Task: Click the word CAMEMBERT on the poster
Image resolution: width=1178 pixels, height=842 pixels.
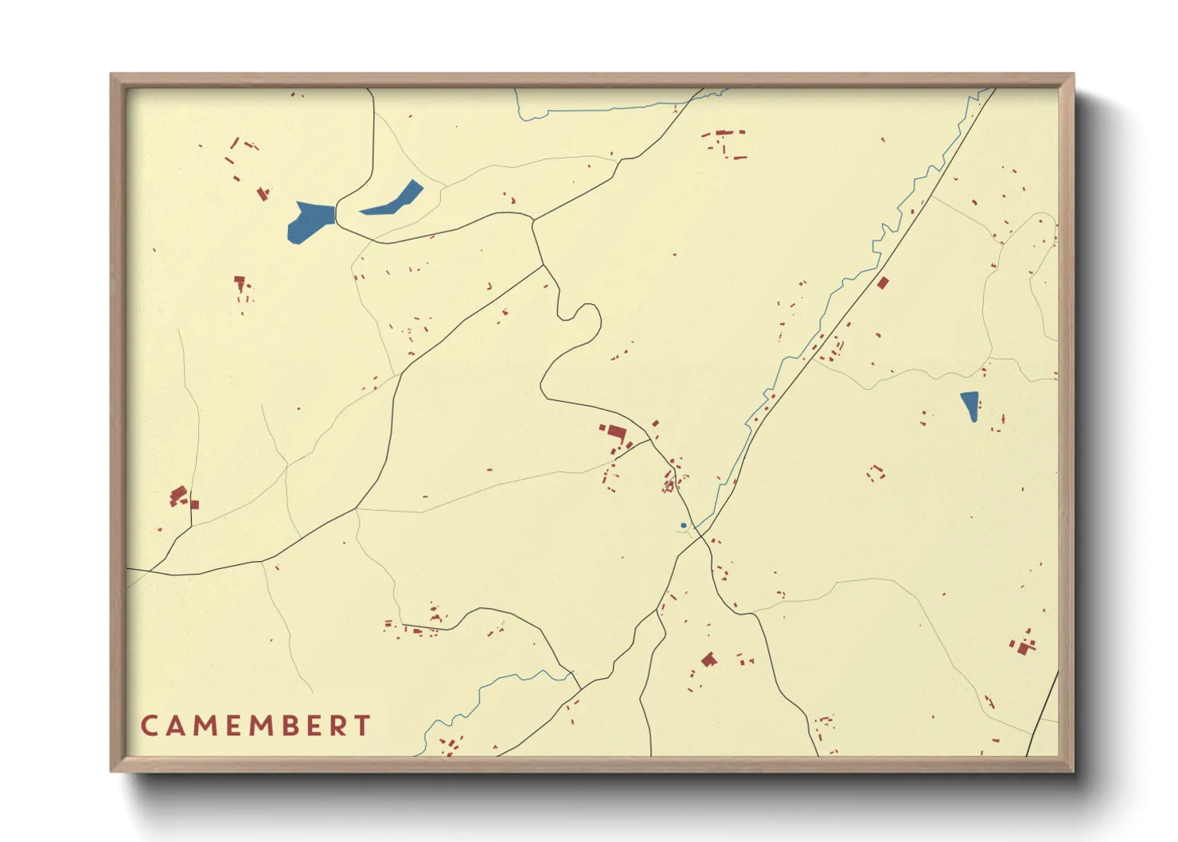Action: click(255, 725)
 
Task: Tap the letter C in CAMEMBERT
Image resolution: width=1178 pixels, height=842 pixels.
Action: click(149, 725)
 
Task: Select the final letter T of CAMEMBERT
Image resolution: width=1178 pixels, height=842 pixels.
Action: click(363, 725)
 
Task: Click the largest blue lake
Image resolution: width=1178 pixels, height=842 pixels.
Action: click(310, 220)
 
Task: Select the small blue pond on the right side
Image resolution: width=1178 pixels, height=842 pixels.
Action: click(969, 405)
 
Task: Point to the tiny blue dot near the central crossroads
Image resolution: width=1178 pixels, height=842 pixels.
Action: click(683, 525)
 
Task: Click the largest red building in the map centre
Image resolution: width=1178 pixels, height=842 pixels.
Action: click(615, 432)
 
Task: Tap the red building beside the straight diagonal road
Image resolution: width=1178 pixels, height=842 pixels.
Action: click(882, 283)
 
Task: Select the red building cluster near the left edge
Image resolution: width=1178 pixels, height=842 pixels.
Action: click(180, 497)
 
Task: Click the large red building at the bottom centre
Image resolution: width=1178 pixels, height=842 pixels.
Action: click(708, 659)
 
